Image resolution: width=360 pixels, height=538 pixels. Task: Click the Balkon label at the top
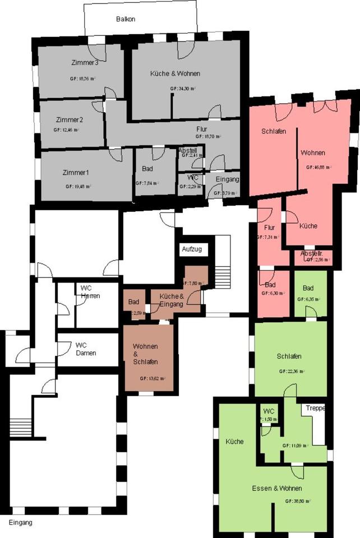126,19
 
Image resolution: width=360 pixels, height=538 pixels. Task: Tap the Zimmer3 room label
85,62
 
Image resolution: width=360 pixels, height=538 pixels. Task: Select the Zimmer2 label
70,120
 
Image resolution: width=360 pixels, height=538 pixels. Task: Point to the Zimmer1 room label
76,173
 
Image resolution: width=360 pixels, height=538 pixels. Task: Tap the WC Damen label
86,349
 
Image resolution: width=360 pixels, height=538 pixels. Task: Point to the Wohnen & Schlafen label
145,354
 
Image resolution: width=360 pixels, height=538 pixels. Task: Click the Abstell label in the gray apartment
187,151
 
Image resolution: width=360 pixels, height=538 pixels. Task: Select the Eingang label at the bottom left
21,522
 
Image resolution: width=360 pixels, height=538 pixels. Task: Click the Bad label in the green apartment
308,288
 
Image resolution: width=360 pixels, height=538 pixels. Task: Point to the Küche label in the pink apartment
308,226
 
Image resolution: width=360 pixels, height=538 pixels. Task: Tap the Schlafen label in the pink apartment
274,131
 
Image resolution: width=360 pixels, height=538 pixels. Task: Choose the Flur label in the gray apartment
201,129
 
